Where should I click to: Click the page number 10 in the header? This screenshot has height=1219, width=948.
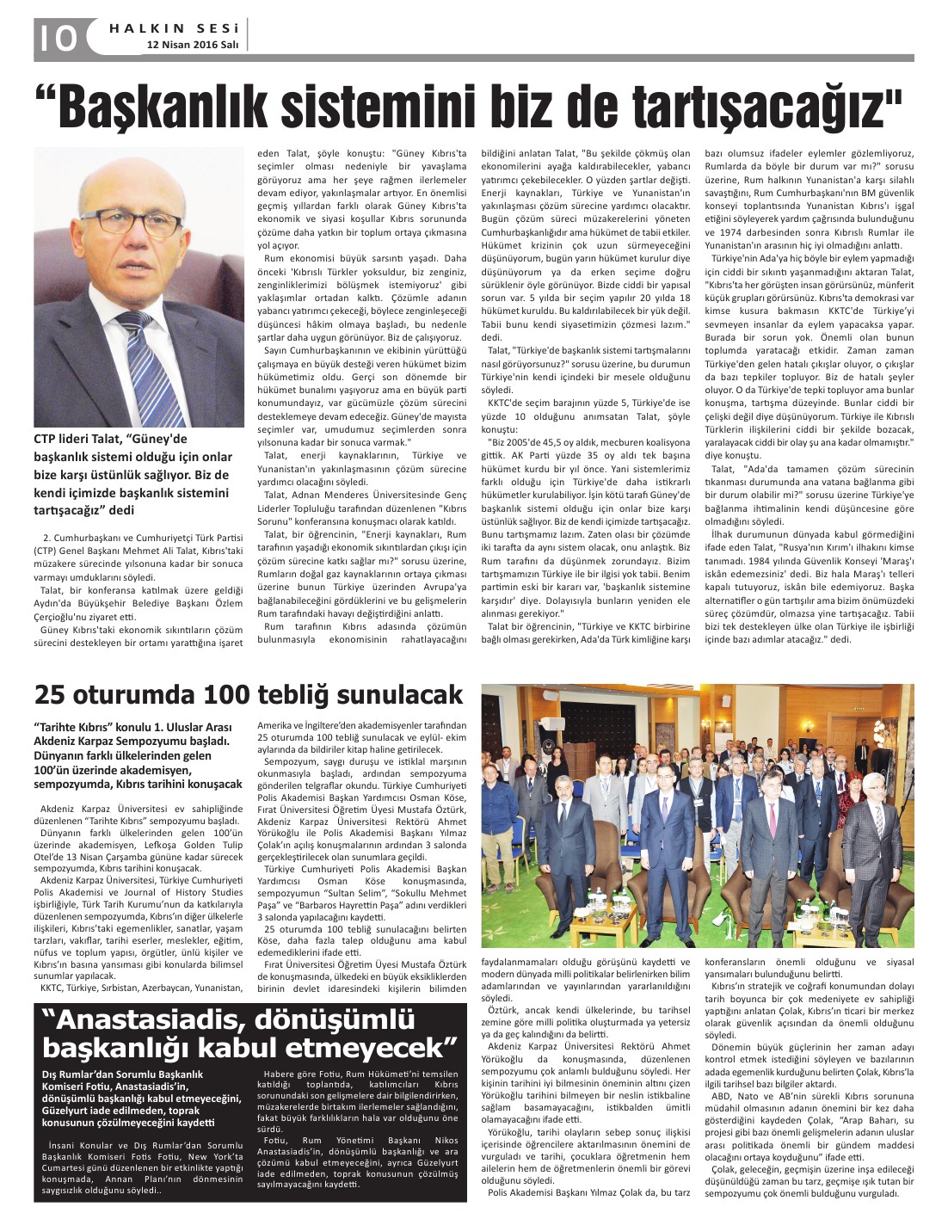point(56,37)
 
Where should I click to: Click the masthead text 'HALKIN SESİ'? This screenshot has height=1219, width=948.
point(175,28)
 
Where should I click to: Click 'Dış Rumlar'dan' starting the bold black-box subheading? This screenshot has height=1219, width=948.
point(79,1074)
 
